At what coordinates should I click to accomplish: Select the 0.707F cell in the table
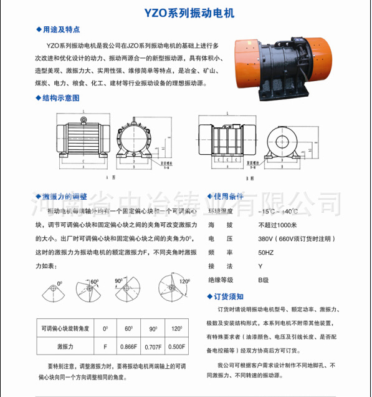pyautogui.click(x=153, y=345)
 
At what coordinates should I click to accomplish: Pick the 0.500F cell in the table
pyautogui.click(x=176, y=345)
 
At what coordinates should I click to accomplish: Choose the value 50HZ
pyautogui.click(x=265, y=252)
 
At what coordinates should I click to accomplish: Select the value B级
pyautogui.click(x=264, y=280)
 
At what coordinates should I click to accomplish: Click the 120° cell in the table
pyautogui.click(x=176, y=328)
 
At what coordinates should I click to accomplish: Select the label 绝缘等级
pyautogui.click(x=221, y=280)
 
